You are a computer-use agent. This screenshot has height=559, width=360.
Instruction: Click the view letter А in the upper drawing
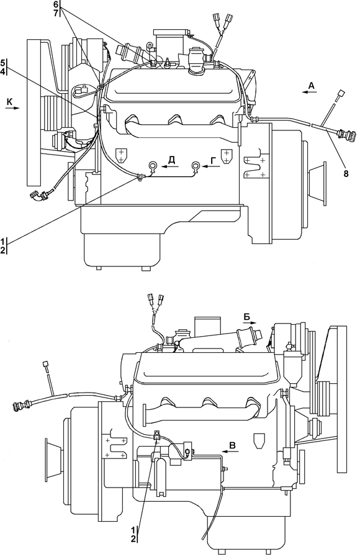[311, 85]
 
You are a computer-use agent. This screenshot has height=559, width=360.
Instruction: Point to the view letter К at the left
[10, 102]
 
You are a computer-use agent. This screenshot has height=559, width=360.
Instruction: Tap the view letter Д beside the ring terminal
[172, 160]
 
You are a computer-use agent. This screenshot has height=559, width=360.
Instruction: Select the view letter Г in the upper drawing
[213, 161]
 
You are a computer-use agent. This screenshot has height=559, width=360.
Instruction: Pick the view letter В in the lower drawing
[232, 445]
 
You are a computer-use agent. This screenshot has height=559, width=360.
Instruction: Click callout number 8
[346, 174]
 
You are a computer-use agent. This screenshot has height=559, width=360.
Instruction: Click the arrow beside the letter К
[12, 108]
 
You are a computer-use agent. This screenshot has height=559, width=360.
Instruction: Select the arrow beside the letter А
[309, 92]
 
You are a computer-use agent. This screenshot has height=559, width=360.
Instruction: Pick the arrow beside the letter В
[228, 452]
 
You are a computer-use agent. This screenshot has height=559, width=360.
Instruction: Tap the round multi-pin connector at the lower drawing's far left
[21, 404]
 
